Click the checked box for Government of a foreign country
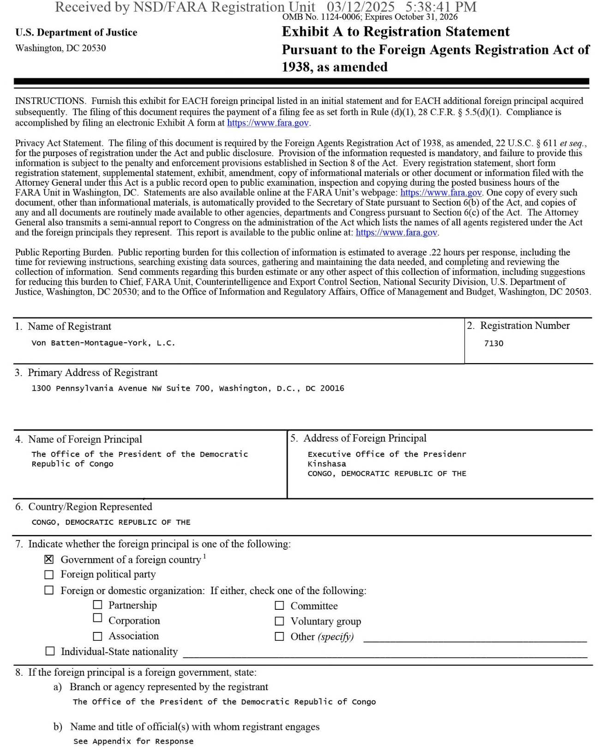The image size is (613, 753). pyautogui.click(x=49, y=559)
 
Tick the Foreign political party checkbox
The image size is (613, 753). pyautogui.click(x=49, y=575)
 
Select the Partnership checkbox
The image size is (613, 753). pyautogui.click(x=97, y=605)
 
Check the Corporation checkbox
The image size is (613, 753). pyautogui.click(x=97, y=618)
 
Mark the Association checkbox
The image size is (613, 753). pyautogui.click(x=97, y=636)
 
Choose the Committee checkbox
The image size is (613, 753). pyautogui.click(x=279, y=605)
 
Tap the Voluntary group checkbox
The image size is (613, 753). pyautogui.click(x=279, y=621)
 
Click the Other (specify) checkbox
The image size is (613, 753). pyautogui.click(x=279, y=636)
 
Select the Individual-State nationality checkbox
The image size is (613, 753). pyautogui.click(x=50, y=651)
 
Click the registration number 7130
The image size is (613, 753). pyautogui.click(x=493, y=344)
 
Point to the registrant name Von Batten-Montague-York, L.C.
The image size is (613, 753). pyautogui.click(x=103, y=343)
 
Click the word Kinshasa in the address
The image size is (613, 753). pyautogui.click(x=327, y=464)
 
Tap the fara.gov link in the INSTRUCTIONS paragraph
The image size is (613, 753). pyautogui.click(x=268, y=123)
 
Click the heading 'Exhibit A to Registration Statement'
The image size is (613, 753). pyautogui.click(x=396, y=32)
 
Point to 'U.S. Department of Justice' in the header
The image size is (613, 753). pyautogui.click(x=76, y=32)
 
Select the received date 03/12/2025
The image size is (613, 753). pyautogui.click(x=361, y=7)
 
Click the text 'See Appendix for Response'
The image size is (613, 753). pyautogui.click(x=133, y=741)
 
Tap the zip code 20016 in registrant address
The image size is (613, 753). pyautogui.click(x=332, y=389)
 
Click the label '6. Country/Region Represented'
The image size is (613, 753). pyautogui.click(x=84, y=507)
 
